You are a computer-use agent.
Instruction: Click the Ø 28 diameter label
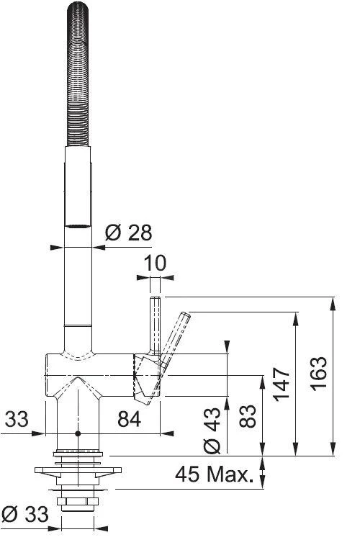point(127,233)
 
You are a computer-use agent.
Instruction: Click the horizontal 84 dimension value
point(130,419)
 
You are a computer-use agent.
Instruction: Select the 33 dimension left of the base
point(17,419)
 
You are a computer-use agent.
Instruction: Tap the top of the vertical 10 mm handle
point(153,299)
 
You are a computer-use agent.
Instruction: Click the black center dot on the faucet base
point(78,435)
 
